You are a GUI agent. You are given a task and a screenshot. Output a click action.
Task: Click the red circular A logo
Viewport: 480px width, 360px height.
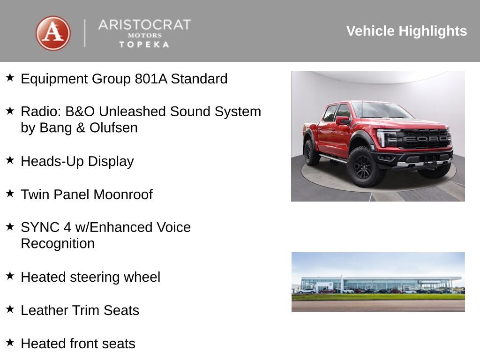pos(53,33)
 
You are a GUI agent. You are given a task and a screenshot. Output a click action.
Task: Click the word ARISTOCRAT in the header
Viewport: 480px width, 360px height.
pos(144,25)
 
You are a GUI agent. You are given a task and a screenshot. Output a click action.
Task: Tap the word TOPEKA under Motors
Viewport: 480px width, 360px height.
pos(144,44)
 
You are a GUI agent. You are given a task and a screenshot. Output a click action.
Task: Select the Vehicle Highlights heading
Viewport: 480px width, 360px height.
pos(406,31)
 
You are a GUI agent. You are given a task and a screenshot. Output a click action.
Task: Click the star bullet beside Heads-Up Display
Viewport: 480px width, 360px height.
pos(10,160)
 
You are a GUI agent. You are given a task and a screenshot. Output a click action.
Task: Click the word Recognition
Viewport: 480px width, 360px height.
pos(58,244)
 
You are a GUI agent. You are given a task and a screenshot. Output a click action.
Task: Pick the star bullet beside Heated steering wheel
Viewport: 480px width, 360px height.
pos(10,276)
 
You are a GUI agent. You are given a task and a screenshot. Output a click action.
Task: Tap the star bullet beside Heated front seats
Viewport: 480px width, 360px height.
pos(10,342)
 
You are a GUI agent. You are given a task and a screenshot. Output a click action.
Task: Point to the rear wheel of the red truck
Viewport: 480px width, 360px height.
pos(311,152)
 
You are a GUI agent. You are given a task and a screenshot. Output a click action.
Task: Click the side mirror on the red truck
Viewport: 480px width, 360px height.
pos(342,120)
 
